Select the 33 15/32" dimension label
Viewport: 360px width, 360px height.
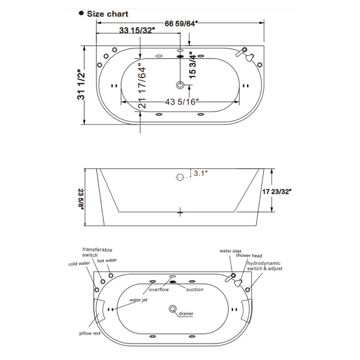point(137,31)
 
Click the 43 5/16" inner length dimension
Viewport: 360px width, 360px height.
point(180,102)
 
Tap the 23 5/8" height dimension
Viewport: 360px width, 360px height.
point(81,197)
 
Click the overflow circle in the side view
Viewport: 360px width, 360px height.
point(180,177)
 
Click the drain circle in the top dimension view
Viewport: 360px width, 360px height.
point(180,85)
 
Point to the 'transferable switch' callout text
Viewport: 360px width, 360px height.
point(97,252)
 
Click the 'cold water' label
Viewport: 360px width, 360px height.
point(79,264)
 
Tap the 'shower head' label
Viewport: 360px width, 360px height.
point(249,256)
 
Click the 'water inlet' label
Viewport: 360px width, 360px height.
point(231,251)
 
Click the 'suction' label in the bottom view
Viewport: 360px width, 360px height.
point(194,290)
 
